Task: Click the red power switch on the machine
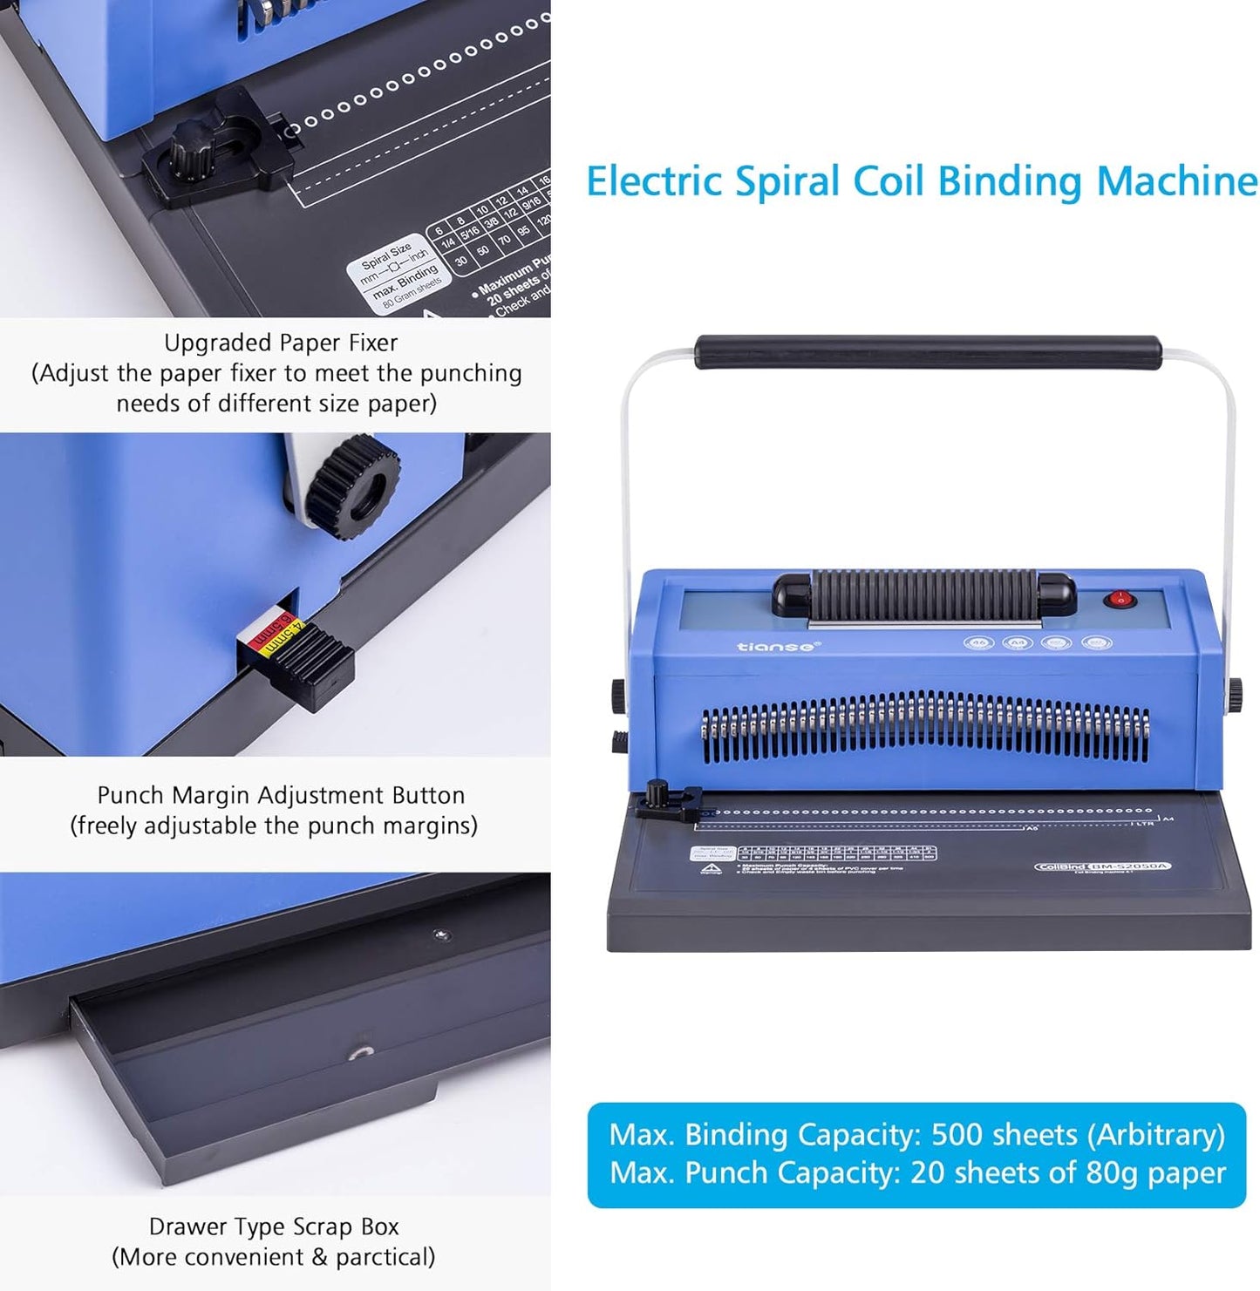point(1119,599)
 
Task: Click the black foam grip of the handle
point(928,352)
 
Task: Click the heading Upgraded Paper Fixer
point(281,343)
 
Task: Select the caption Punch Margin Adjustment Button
point(281,795)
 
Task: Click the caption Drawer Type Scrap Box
point(274,1226)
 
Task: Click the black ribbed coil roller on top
point(923,595)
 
